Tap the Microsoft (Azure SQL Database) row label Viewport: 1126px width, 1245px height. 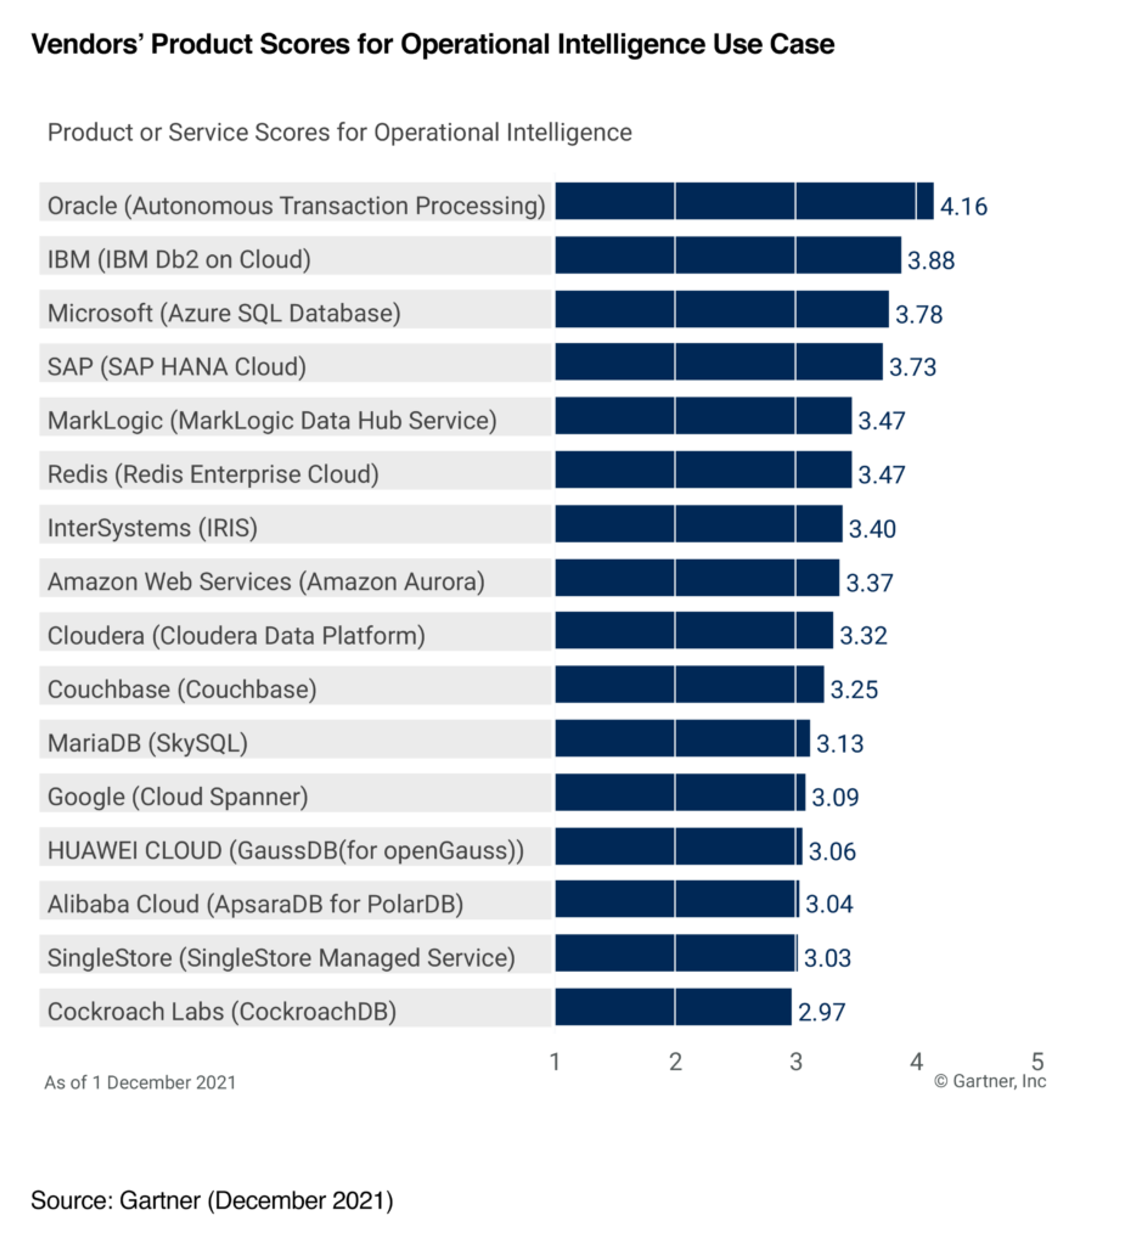tap(224, 313)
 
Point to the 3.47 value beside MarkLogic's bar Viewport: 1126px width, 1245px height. tap(881, 420)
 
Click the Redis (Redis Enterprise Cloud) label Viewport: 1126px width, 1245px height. tap(213, 474)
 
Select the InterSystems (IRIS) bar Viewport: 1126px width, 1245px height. tap(698, 524)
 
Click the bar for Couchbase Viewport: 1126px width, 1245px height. tap(689, 684)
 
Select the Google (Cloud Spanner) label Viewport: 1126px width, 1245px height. tap(177, 797)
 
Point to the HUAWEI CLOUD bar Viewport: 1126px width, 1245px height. tap(678, 846)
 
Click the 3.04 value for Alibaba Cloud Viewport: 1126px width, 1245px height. tap(828, 904)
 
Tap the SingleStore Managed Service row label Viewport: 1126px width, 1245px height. tap(281, 958)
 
